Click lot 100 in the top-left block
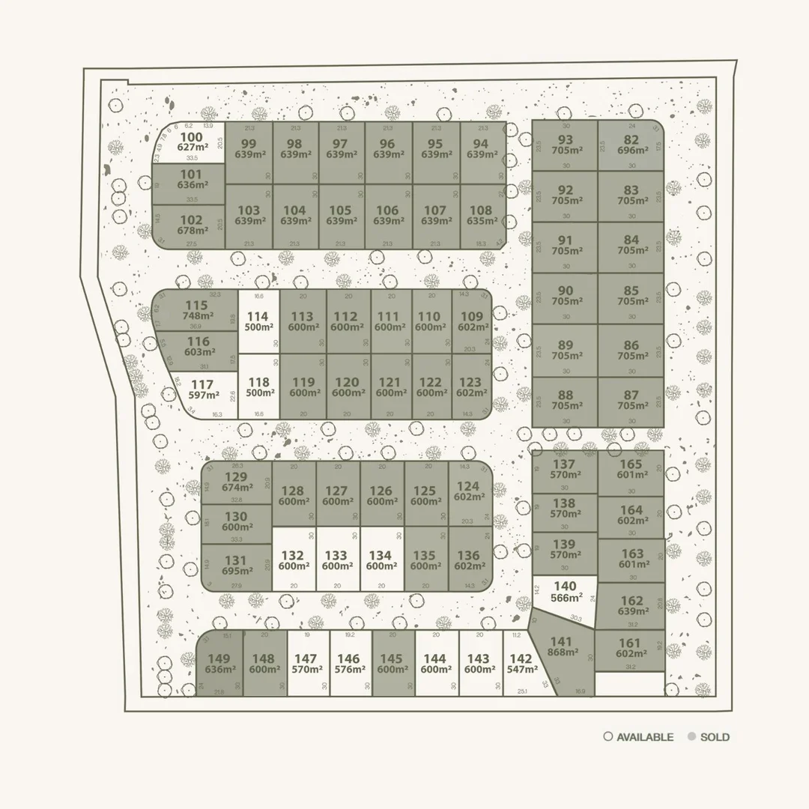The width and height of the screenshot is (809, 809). [191, 142]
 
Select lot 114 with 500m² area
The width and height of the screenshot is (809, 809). [257, 322]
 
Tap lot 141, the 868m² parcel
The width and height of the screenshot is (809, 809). [561, 647]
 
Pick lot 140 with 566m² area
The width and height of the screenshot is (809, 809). [566, 592]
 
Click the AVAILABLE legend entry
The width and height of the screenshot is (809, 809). [638, 737]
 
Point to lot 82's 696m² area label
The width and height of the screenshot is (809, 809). [631, 151]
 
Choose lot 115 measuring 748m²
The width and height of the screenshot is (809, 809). [196, 311]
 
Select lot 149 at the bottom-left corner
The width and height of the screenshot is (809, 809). [219, 664]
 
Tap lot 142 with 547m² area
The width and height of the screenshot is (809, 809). [521, 664]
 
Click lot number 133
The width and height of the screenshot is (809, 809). [336, 556]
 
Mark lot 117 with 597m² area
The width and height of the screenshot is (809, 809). [203, 390]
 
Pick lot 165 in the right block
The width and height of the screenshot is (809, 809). [631, 469]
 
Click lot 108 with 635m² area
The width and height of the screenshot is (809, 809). [481, 216]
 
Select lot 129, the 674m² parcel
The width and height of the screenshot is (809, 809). [236, 482]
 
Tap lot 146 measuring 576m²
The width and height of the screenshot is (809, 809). [348, 664]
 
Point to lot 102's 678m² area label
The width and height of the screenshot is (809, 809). [192, 231]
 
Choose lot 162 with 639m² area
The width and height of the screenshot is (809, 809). [631, 606]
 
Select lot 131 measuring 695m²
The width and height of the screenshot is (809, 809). [235, 566]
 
